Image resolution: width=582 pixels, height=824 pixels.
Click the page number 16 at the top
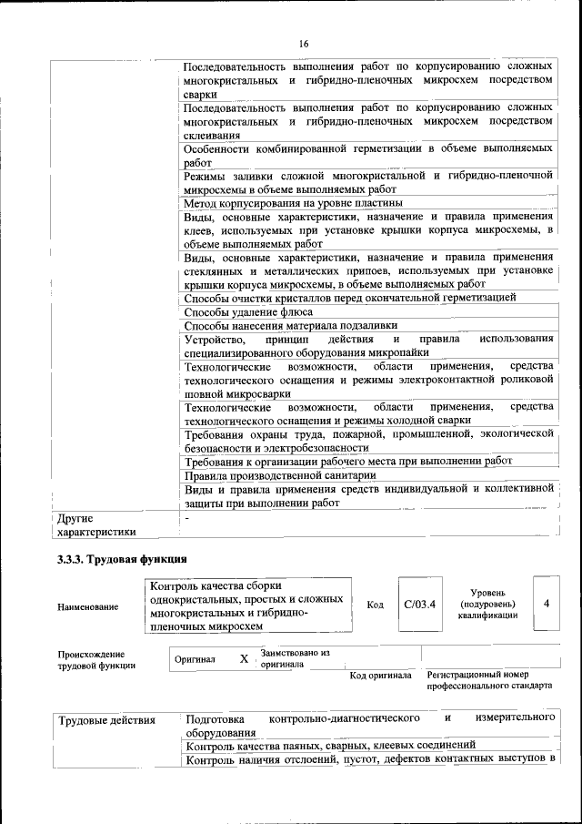(x=304, y=44)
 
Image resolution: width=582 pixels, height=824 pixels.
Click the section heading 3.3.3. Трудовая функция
(x=121, y=558)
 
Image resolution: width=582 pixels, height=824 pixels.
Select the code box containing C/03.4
(x=420, y=604)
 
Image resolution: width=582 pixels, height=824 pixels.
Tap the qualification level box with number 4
(x=546, y=604)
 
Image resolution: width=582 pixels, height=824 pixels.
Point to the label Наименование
(x=87, y=606)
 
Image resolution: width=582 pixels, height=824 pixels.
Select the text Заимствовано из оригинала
(x=294, y=658)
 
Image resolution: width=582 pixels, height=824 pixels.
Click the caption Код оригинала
(x=381, y=676)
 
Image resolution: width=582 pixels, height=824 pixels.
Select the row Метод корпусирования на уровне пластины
(x=293, y=202)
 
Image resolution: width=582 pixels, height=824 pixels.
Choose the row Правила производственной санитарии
(x=279, y=475)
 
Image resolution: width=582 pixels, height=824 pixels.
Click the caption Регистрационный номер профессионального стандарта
(x=489, y=680)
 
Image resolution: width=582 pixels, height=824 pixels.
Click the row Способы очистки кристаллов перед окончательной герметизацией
(x=350, y=298)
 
